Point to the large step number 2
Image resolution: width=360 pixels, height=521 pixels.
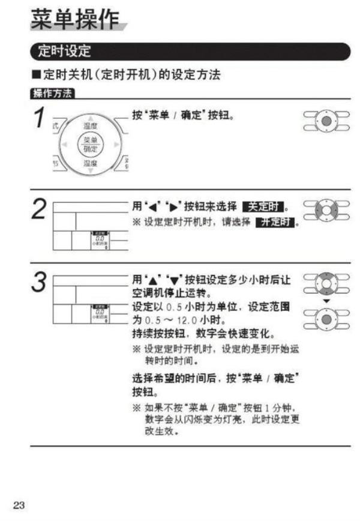(x=40, y=209)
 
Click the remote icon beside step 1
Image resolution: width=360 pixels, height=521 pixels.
(x=326, y=121)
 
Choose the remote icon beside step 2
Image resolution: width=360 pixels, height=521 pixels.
(x=326, y=212)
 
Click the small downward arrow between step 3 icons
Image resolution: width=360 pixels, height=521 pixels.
(x=326, y=301)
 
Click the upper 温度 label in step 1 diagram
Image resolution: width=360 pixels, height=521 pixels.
(x=90, y=127)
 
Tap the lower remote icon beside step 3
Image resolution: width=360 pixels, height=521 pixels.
(x=326, y=318)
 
